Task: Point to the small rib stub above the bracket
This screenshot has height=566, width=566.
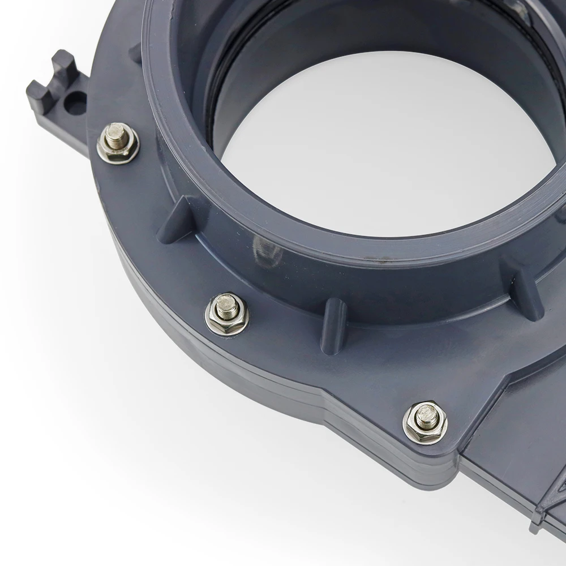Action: coord(135,54)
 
